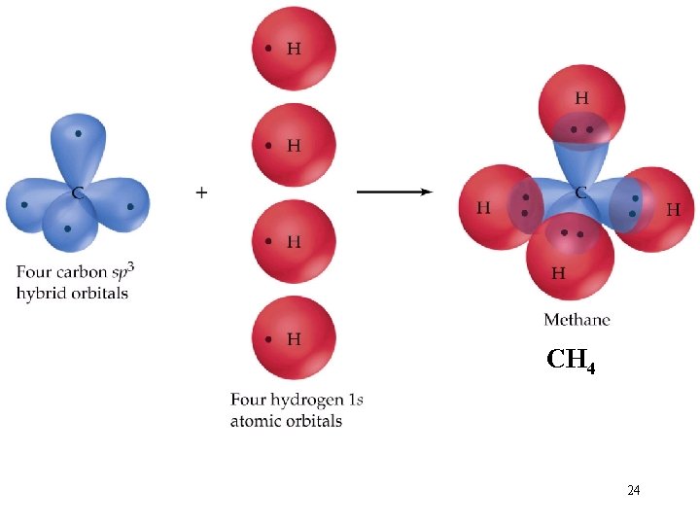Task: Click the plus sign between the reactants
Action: (x=201, y=192)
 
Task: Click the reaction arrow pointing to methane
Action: (x=395, y=192)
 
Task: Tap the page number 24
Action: (x=634, y=490)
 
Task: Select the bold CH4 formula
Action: (x=571, y=360)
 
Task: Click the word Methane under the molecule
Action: (x=577, y=320)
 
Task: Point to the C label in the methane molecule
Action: (x=580, y=192)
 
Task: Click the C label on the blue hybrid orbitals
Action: (x=77, y=193)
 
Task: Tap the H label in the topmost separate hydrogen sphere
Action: (x=294, y=49)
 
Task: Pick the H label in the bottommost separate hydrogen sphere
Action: (x=294, y=339)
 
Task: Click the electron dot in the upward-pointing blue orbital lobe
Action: (x=79, y=133)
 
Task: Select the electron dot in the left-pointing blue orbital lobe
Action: (x=24, y=205)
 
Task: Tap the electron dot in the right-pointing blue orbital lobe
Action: (x=130, y=207)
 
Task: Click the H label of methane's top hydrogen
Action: (x=581, y=98)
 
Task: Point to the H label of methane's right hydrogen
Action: (x=673, y=209)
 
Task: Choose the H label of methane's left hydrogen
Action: (x=483, y=208)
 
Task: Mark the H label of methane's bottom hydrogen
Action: (x=558, y=273)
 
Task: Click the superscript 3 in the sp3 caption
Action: (x=130, y=268)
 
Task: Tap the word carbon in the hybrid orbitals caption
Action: (x=82, y=272)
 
